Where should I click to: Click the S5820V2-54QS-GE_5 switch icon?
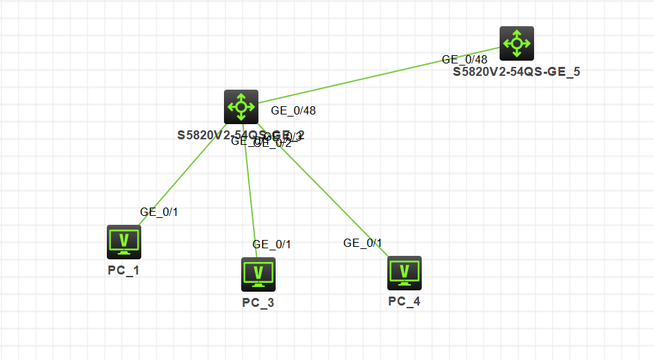point(516,43)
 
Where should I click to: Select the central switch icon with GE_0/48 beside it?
point(241,107)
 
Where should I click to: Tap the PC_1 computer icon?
point(124,241)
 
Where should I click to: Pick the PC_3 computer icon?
point(258,274)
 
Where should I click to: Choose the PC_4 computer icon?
point(405,273)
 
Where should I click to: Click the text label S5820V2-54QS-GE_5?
point(516,72)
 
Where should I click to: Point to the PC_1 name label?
point(123,270)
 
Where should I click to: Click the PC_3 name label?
point(258,302)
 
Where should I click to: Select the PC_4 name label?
point(404,301)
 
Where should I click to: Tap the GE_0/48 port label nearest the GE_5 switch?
point(464,59)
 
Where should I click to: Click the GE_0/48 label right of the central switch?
point(294,110)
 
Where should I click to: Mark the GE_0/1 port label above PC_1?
point(159,212)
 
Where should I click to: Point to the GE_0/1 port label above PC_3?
point(272,244)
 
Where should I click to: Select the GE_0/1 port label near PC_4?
point(362,243)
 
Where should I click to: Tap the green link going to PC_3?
point(250,193)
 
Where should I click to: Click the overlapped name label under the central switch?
point(207,135)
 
